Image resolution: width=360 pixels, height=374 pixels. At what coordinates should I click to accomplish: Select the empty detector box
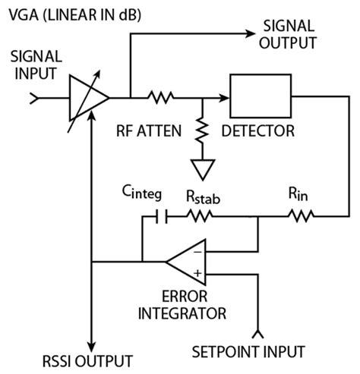261,97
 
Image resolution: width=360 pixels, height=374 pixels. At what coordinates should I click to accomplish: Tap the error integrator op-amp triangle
185,262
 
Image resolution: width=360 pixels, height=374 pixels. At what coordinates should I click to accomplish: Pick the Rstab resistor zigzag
200,215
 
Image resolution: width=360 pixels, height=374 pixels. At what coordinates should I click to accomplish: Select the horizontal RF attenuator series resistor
161,97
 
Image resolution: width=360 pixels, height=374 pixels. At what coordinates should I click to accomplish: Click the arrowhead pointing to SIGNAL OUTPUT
251,33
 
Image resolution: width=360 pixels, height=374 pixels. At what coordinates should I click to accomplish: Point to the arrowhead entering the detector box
224,97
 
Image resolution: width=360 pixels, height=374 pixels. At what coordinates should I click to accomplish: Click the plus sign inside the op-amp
197,272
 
